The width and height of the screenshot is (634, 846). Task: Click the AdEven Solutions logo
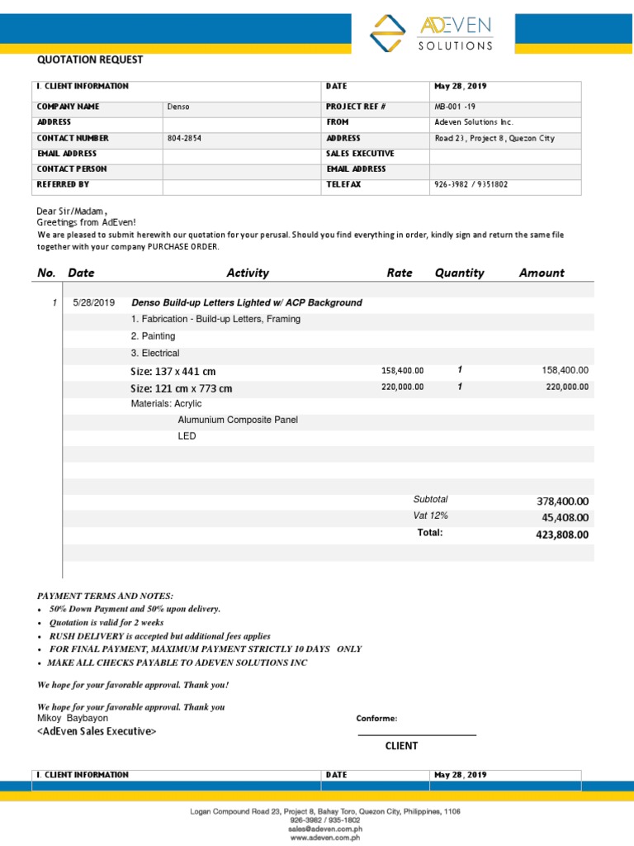431,33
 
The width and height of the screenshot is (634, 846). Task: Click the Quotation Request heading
90,59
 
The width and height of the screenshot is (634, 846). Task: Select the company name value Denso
178,107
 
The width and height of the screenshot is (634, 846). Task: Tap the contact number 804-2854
184,139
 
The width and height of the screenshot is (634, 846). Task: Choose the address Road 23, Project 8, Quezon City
494,139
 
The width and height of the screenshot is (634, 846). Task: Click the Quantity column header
459,273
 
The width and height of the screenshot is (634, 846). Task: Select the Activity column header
248,273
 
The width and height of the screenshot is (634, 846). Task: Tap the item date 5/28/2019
94,303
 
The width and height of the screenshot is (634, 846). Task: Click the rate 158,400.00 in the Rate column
402,371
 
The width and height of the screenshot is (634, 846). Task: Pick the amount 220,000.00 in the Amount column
567,387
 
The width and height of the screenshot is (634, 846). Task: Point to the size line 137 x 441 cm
173,372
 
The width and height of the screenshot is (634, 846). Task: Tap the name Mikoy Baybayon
73,719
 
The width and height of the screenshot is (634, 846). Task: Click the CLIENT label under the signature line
401,746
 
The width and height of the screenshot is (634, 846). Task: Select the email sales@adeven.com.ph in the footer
324,829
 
